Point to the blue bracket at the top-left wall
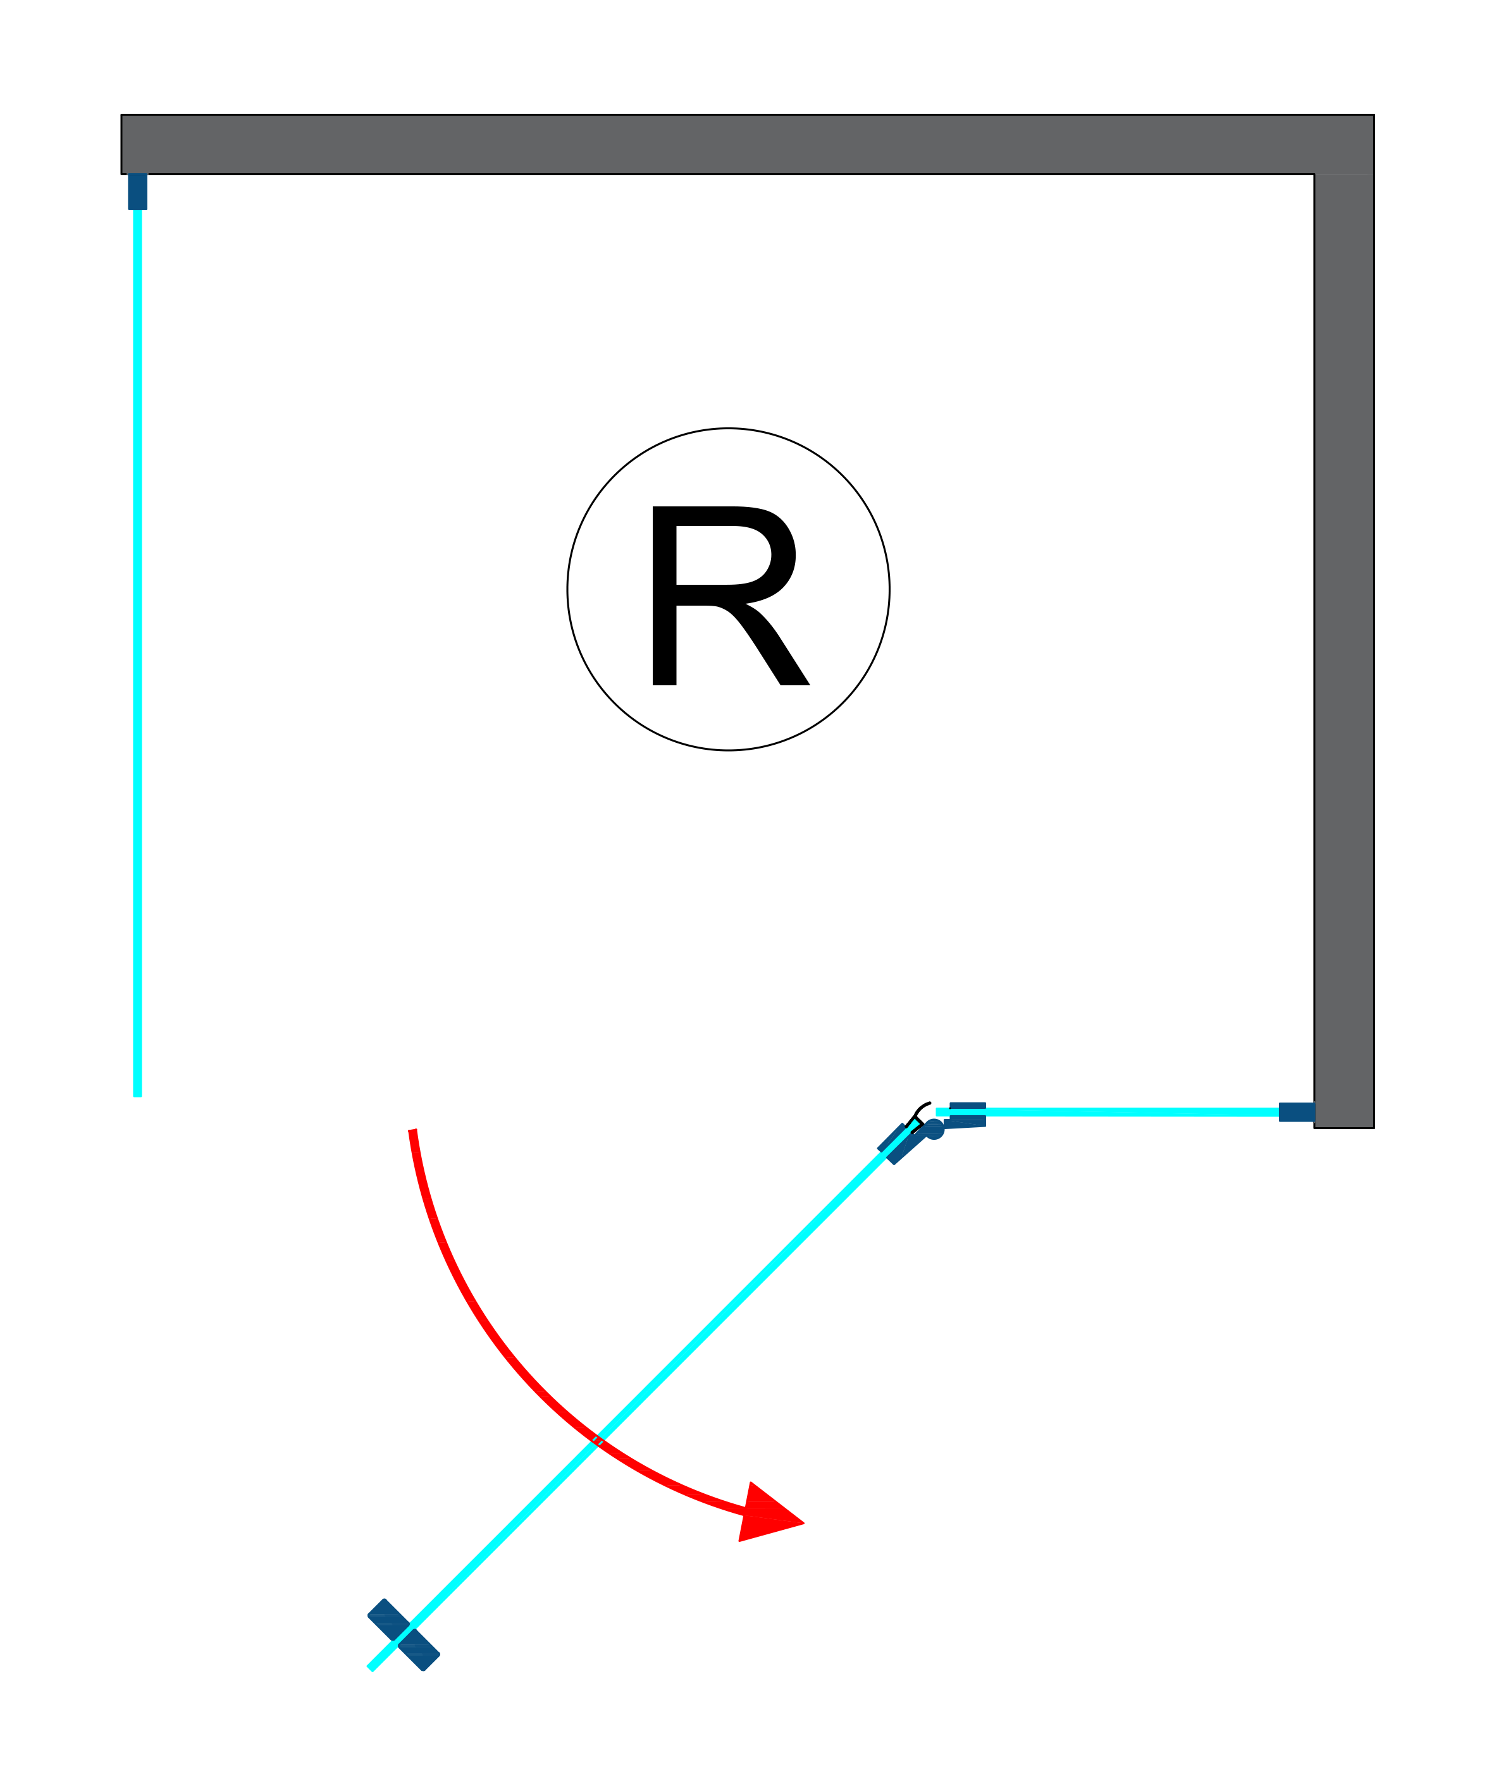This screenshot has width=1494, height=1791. pyautogui.click(x=137, y=191)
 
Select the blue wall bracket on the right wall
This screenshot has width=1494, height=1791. pyautogui.click(x=1296, y=1112)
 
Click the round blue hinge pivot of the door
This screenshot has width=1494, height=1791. pyautogui.click(x=934, y=1129)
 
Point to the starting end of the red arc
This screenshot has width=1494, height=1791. pyautogui.click(x=413, y=1132)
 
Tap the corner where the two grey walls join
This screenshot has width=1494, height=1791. pyautogui.click(x=1344, y=144)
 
